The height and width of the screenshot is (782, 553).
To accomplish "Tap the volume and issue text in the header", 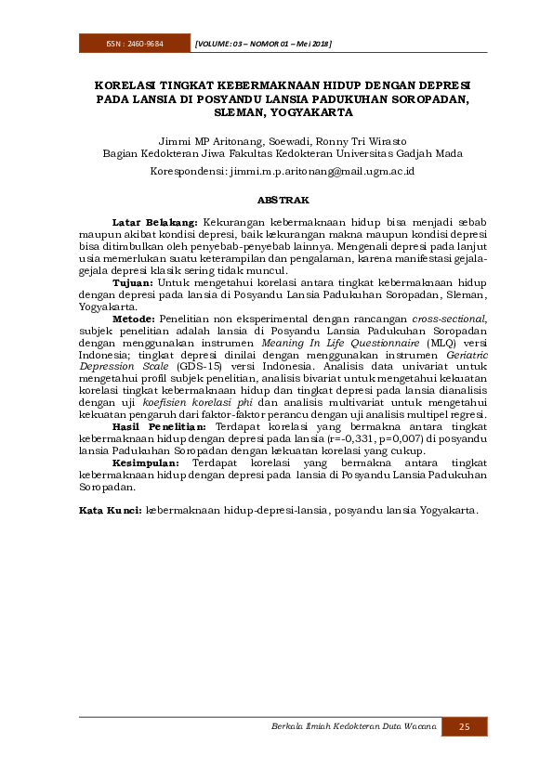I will point(264,45).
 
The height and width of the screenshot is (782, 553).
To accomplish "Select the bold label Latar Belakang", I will point(154,223).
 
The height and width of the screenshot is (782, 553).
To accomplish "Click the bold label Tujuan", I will point(133,281).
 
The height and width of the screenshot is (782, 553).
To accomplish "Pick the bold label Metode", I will point(134,318).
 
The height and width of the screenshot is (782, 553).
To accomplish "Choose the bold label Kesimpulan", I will point(148,463).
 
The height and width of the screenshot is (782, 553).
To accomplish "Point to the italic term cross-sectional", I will point(449,318).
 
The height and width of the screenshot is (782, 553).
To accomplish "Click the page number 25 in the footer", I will point(464,726).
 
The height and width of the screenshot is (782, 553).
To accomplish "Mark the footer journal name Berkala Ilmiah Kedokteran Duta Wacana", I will point(352,726).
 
